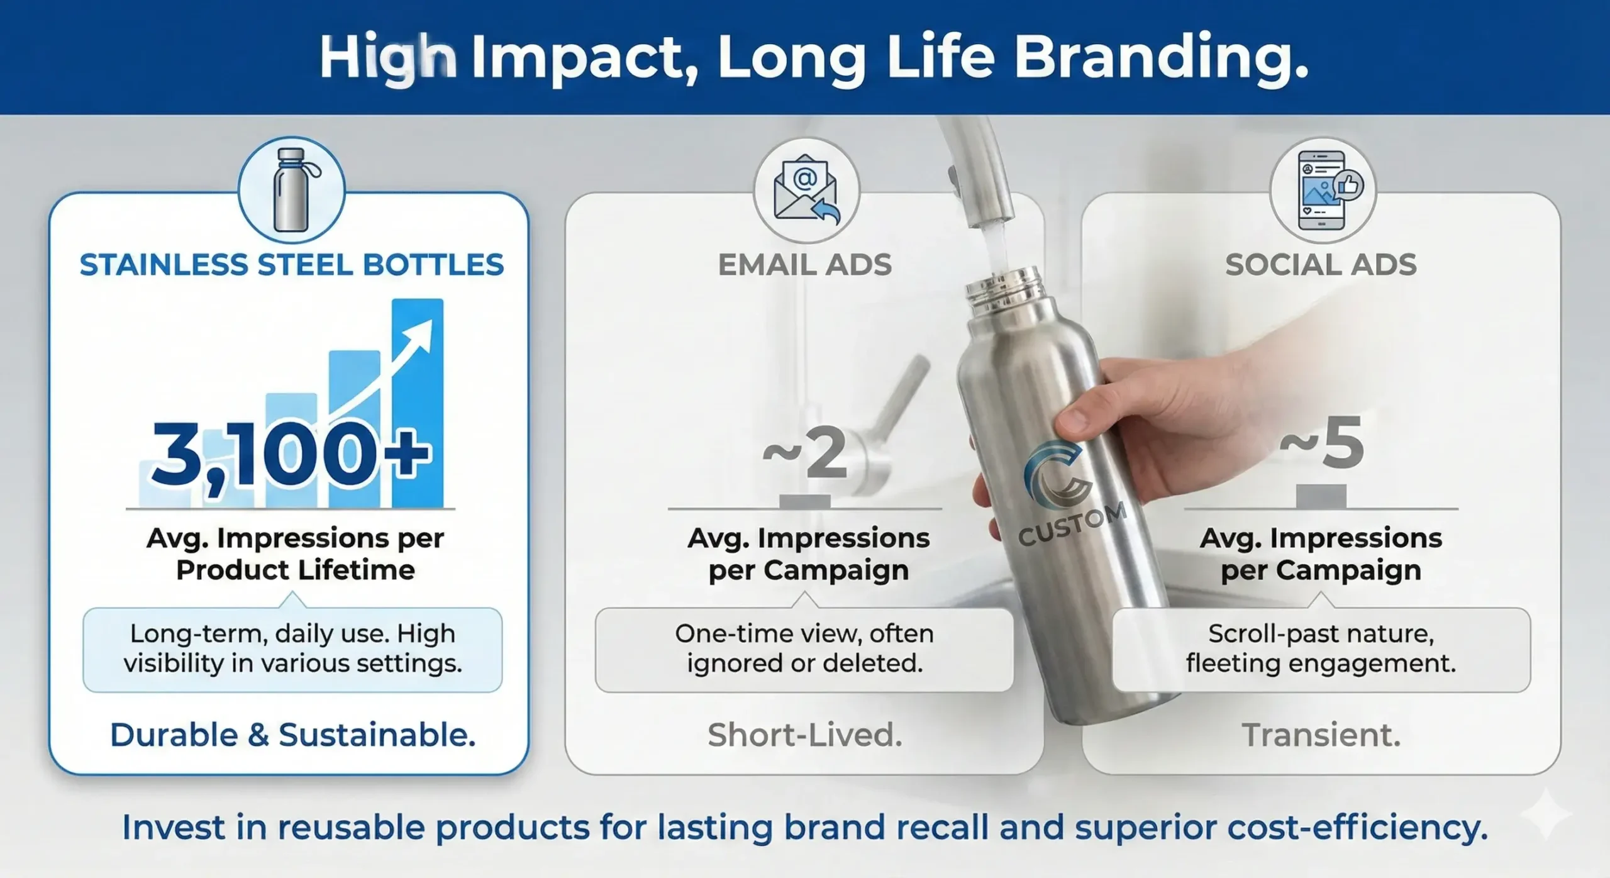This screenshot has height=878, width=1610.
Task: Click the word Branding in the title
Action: [x=1161, y=58]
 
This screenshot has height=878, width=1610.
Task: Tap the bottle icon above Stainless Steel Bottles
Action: [x=291, y=190]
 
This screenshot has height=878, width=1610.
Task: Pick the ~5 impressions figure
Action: [x=1322, y=444]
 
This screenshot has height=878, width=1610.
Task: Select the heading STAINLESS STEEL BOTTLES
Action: [x=291, y=265]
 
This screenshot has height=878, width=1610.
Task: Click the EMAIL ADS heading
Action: [x=805, y=265]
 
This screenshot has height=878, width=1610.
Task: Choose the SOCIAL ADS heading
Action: [x=1321, y=265]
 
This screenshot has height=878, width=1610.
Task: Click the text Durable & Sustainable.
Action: [x=292, y=735]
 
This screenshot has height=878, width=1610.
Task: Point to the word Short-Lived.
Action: [x=805, y=735]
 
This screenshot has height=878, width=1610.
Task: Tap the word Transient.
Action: [x=1321, y=735]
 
